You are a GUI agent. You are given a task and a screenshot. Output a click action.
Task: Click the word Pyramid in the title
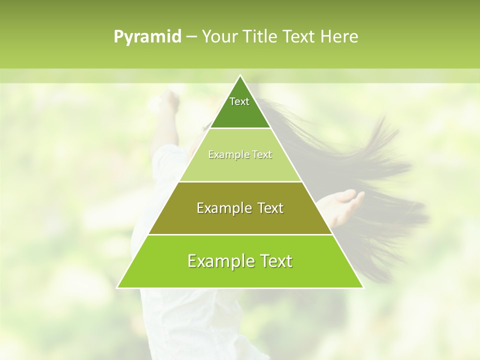147,37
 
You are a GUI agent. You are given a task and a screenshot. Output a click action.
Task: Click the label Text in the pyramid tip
239,101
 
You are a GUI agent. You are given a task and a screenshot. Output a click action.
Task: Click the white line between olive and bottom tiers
240,234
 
